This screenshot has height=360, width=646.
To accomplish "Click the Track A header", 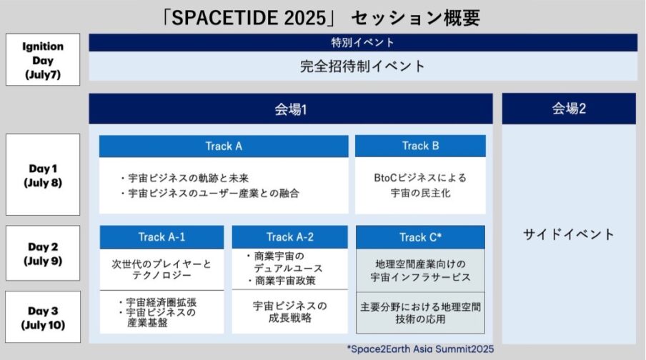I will pos(224,146).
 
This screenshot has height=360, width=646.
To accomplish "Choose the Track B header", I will pos(420,146).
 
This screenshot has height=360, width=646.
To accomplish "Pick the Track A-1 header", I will pos(161,237).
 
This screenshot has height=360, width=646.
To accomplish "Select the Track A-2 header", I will pos(289,237).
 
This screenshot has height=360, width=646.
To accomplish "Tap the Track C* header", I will pos(420,237).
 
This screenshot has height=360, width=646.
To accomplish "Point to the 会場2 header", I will pos(568,109).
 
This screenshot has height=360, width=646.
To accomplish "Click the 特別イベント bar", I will pos(362,43).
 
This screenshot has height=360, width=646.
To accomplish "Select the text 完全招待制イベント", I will pos(362,66).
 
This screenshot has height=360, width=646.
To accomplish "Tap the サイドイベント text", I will pos(568,234).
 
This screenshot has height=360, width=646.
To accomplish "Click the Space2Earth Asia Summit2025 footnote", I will pos(420,349).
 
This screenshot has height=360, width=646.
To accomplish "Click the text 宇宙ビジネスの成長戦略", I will pos(289,311).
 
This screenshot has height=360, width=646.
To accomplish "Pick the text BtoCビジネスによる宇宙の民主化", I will pos(420,184).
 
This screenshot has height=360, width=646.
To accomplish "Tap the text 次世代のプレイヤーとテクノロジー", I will pos(161,269).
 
